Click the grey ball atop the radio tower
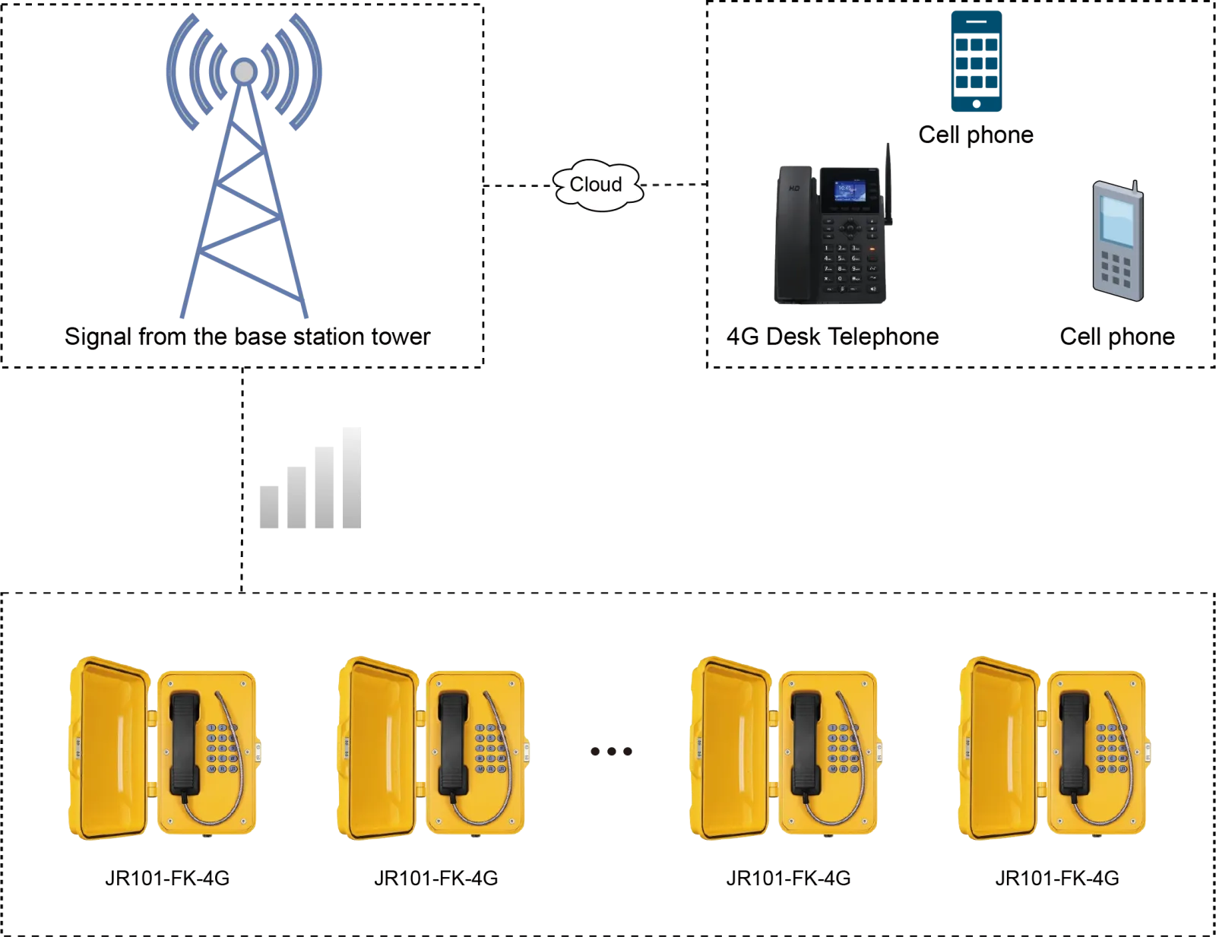click(x=243, y=71)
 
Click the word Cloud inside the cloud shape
click(x=596, y=185)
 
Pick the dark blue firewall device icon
click(x=976, y=61)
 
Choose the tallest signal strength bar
click(x=353, y=476)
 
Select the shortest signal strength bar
click(x=268, y=504)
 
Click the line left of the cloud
click(x=518, y=185)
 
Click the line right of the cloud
click(x=676, y=185)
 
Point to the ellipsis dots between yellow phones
click(x=610, y=751)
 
